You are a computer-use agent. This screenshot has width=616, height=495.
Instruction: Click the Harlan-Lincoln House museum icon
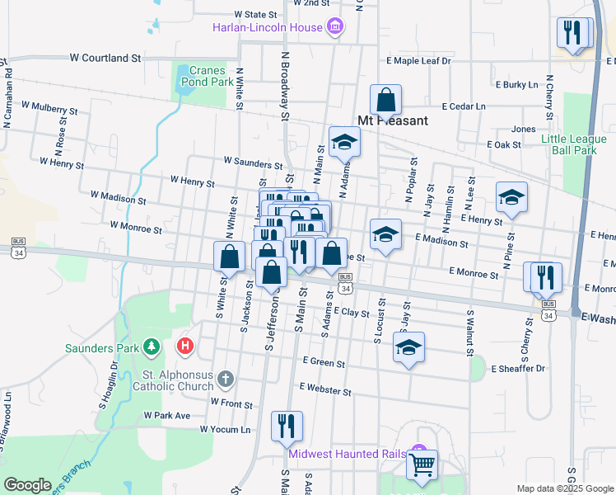335,27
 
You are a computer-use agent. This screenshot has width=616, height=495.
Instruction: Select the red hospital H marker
185,344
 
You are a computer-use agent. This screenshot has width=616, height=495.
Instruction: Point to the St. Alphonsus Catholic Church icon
226,379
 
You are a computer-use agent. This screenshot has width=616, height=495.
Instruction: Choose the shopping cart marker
422,464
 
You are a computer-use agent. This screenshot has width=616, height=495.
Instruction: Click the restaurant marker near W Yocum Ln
287,426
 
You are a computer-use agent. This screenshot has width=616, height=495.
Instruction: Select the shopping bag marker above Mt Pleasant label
385,101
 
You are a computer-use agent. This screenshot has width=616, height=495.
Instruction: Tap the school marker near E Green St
408,348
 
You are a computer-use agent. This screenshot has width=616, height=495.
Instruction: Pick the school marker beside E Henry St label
511,197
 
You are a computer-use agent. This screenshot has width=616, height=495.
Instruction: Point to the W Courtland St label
105,58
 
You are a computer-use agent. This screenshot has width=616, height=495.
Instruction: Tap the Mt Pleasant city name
392,120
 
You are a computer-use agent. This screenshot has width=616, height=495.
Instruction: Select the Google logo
27,484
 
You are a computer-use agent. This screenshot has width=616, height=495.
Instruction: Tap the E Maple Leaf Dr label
419,61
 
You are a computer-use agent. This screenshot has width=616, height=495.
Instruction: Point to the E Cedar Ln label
463,106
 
